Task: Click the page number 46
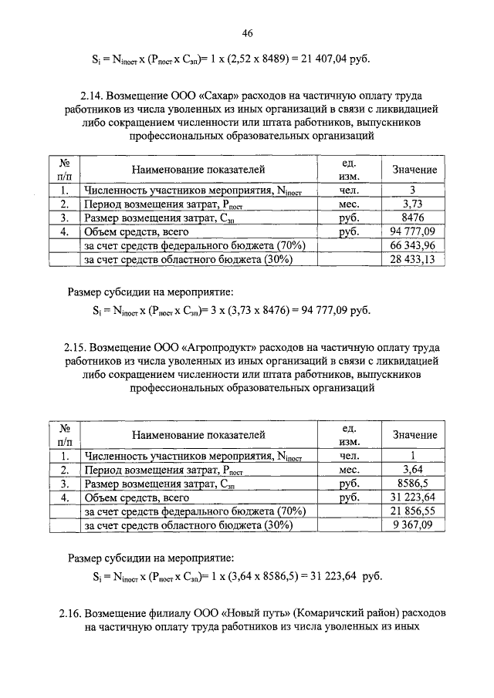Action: (x=247, y=32)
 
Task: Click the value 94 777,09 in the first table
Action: (x=414, y=231)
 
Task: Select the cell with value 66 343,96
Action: (x=414, y=245)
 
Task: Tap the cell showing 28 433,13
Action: (x=414, y=260)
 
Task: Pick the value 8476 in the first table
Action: (x=414, y=217)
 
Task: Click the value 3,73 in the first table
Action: (x=414, y=204)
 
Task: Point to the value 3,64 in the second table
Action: (x=414, y=470)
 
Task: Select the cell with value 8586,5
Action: (x=414, y=484)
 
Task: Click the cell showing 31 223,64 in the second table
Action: (x=414, y=497)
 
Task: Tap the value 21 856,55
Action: (x=414, y=511)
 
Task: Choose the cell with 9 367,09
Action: (x=414, y=526)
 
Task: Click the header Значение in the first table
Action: (x=414, y=169)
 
